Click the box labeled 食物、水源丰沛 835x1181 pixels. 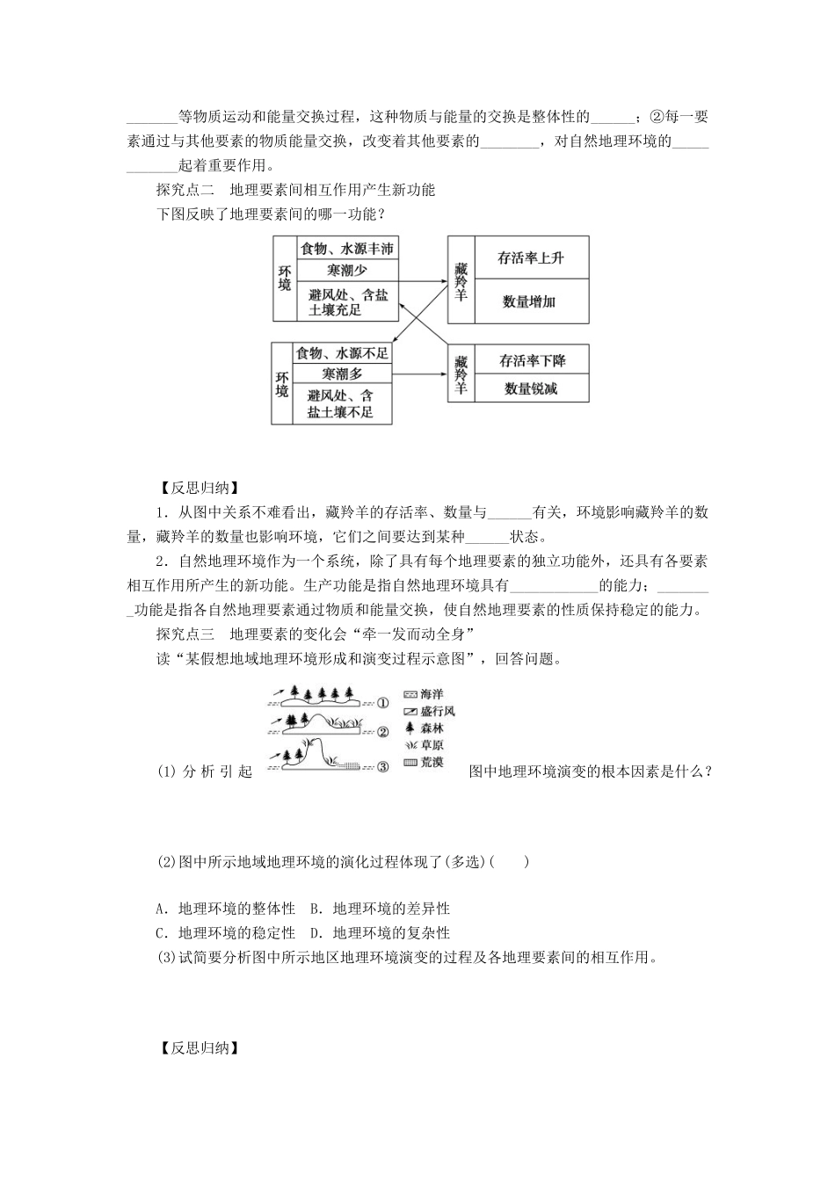[x=346, y=249]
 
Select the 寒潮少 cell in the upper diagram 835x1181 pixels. [x=346, y=271]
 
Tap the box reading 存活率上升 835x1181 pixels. [x=531, y=257]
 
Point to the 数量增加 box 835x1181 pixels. [x=531, y=301]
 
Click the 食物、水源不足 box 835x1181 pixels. [x=343, y=353]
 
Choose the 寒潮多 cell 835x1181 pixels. [x=343, y=374]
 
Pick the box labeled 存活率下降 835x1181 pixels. [x=532, y=360]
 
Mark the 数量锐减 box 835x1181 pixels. [x=532, y=388]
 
